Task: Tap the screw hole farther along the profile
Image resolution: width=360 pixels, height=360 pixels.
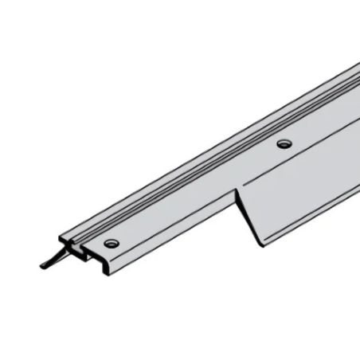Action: coord(284,144)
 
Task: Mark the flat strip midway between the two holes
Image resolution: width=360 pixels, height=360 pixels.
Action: coord(199,191)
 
